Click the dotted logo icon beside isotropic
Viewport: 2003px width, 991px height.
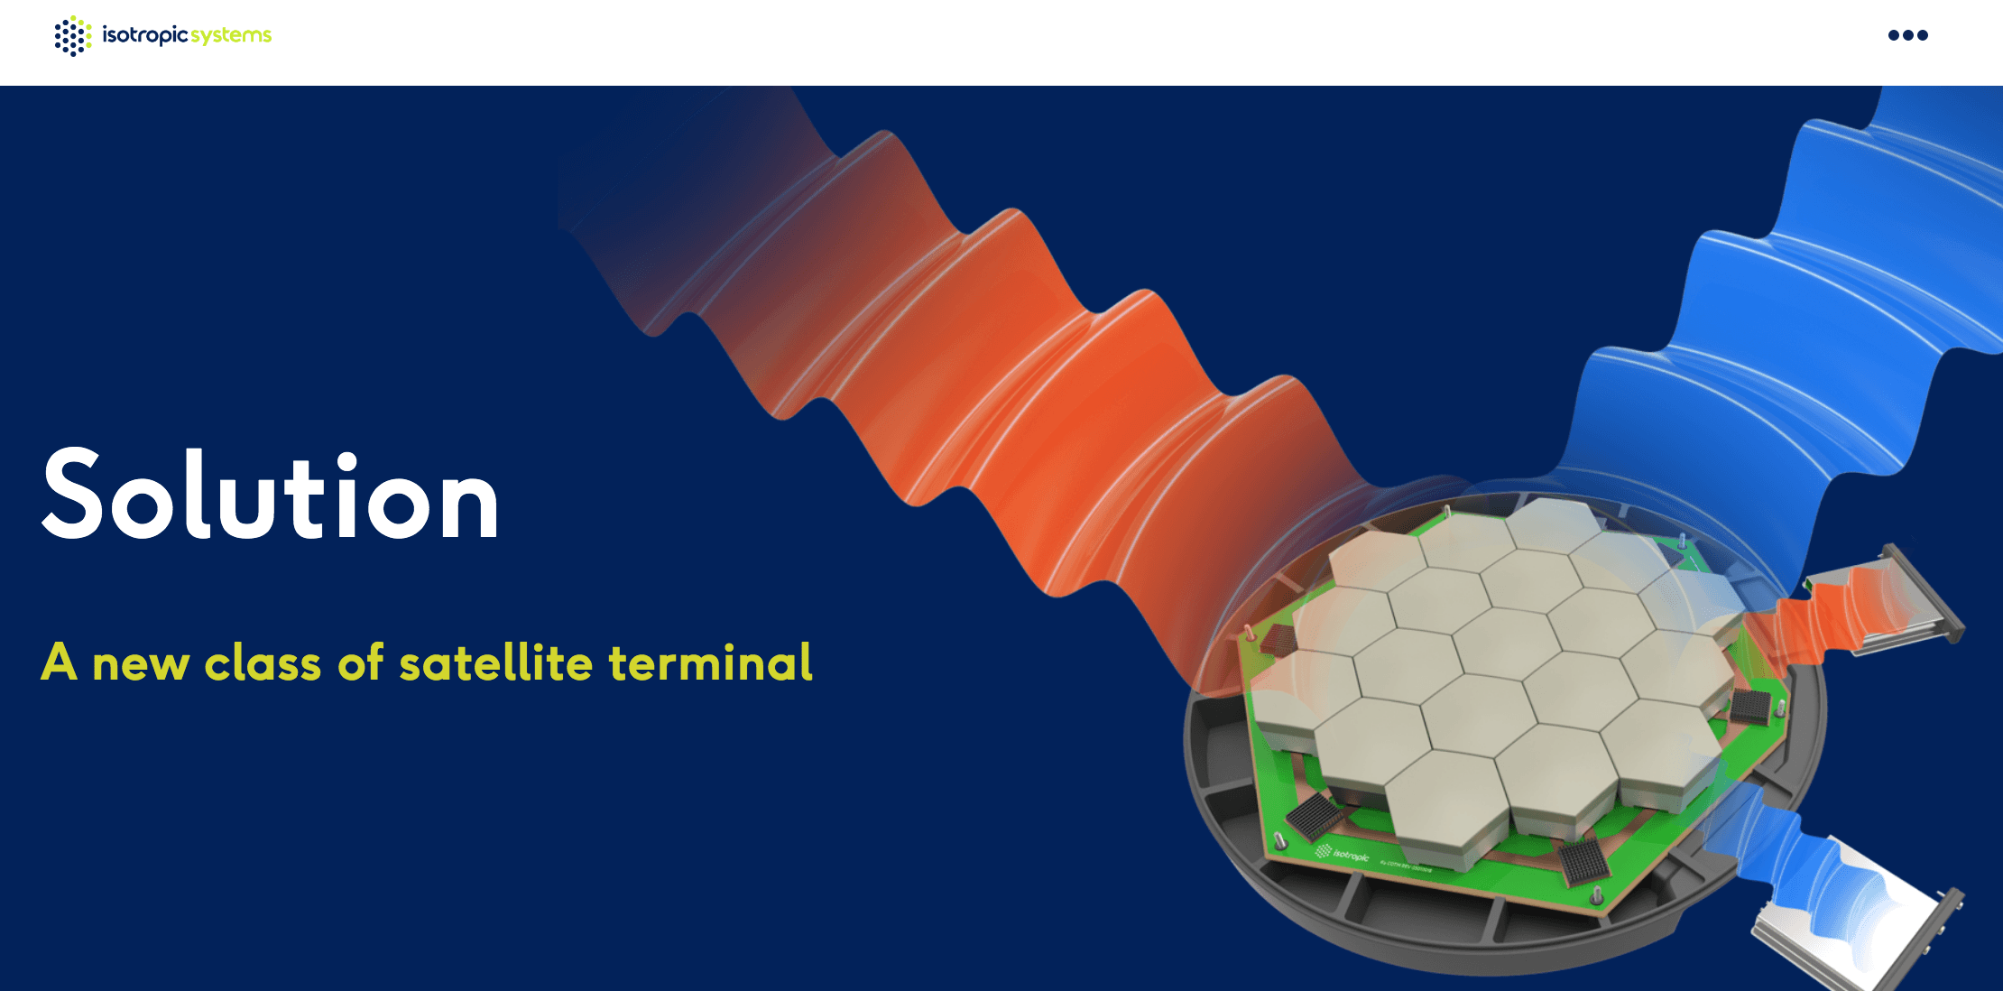72,36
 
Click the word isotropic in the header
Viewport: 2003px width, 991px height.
144,35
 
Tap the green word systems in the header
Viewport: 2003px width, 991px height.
231,36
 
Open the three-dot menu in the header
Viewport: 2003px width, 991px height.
1907,35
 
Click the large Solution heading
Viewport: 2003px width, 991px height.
271,496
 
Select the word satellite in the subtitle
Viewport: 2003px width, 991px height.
495,662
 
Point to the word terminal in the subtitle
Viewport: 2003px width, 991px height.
710,662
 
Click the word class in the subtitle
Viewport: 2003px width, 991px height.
263,664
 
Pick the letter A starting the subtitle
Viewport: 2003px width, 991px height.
59,662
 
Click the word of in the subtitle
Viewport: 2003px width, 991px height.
361,662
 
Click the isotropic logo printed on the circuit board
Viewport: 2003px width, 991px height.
1343,853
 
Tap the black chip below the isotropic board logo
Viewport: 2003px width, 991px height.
1584,862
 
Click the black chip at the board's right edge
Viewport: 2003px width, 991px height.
1750,707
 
